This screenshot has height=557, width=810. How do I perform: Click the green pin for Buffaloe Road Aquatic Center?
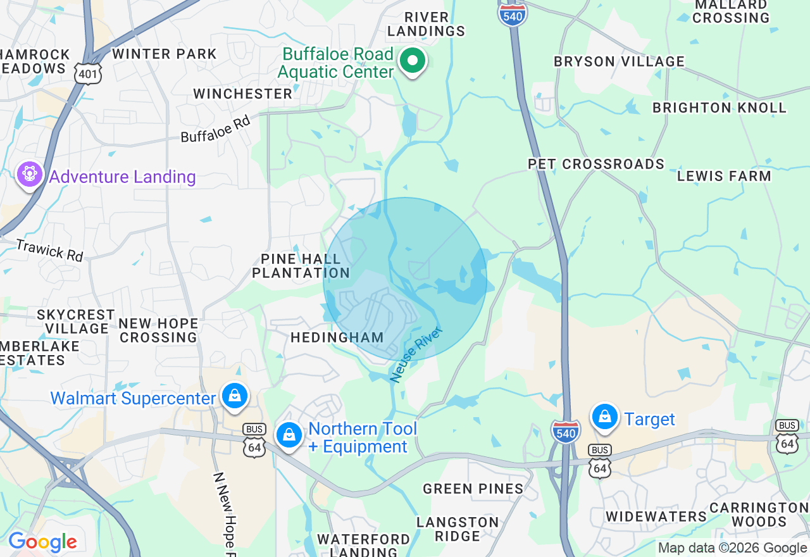[x=413, y=62]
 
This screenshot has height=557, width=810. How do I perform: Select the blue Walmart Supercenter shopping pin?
[x=235, y=396]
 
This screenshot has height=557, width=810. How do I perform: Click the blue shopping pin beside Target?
[x=605, y=417]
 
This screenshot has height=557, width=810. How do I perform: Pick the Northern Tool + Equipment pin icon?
[x=289, y=435]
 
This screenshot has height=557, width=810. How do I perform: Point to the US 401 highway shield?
[x=87, y=74]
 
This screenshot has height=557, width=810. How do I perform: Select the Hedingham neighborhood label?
[x=337, y=338]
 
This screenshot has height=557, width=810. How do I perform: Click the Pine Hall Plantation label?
[x=301, y=266]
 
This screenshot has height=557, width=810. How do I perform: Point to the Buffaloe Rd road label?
[x=216, y=128]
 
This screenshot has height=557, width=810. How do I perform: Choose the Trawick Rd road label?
[x=49, y=250]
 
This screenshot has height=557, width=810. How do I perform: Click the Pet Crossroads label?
[x=596, y=165]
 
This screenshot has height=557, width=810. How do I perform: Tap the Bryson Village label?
[x=619, y=62]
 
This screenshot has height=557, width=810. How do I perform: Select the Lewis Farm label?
[x=724, y=177]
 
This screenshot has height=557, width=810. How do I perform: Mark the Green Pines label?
[x=473, y=489]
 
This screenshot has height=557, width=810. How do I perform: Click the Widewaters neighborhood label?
[x=656, y=516]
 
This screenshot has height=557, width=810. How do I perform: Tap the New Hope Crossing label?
[x=158, y=330]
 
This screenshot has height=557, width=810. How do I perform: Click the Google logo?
[x=42, y=542]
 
